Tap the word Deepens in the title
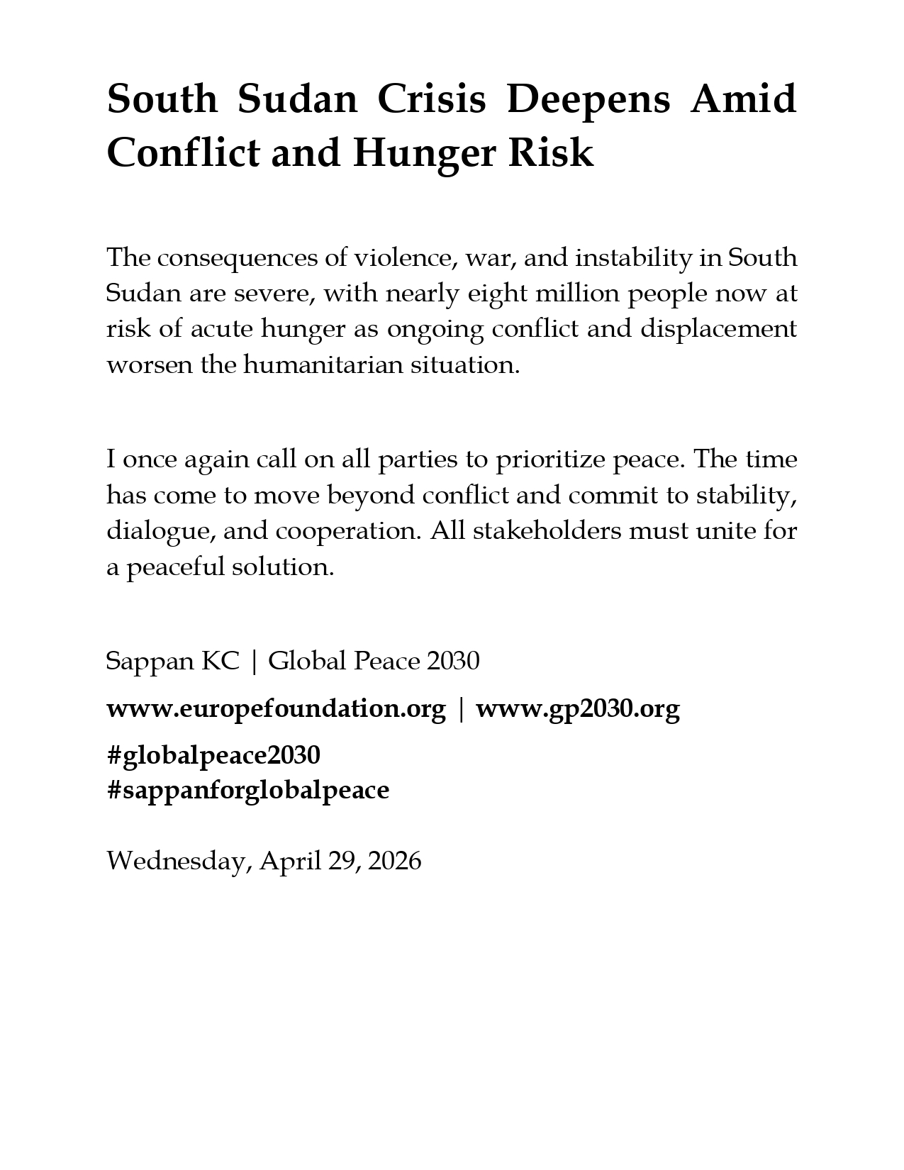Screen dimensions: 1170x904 pos(588,99)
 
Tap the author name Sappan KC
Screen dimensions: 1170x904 pos(172,661)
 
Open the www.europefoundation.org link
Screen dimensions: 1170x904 pos(276,708)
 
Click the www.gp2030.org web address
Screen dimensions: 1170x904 pos(577,708)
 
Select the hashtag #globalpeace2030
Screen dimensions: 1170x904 pos(213,755)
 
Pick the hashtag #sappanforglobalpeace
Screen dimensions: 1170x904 pos(247,790)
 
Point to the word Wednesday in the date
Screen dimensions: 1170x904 pos(177,861)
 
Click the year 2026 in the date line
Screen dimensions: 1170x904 pos(395,861)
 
